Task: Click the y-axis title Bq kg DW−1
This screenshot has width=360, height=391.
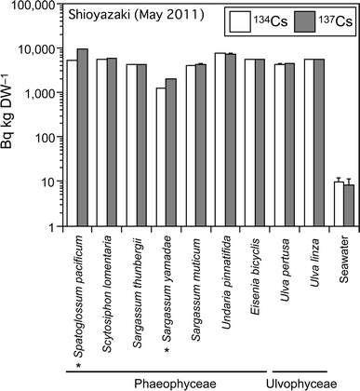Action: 10,114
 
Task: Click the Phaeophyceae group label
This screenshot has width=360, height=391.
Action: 160,383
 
